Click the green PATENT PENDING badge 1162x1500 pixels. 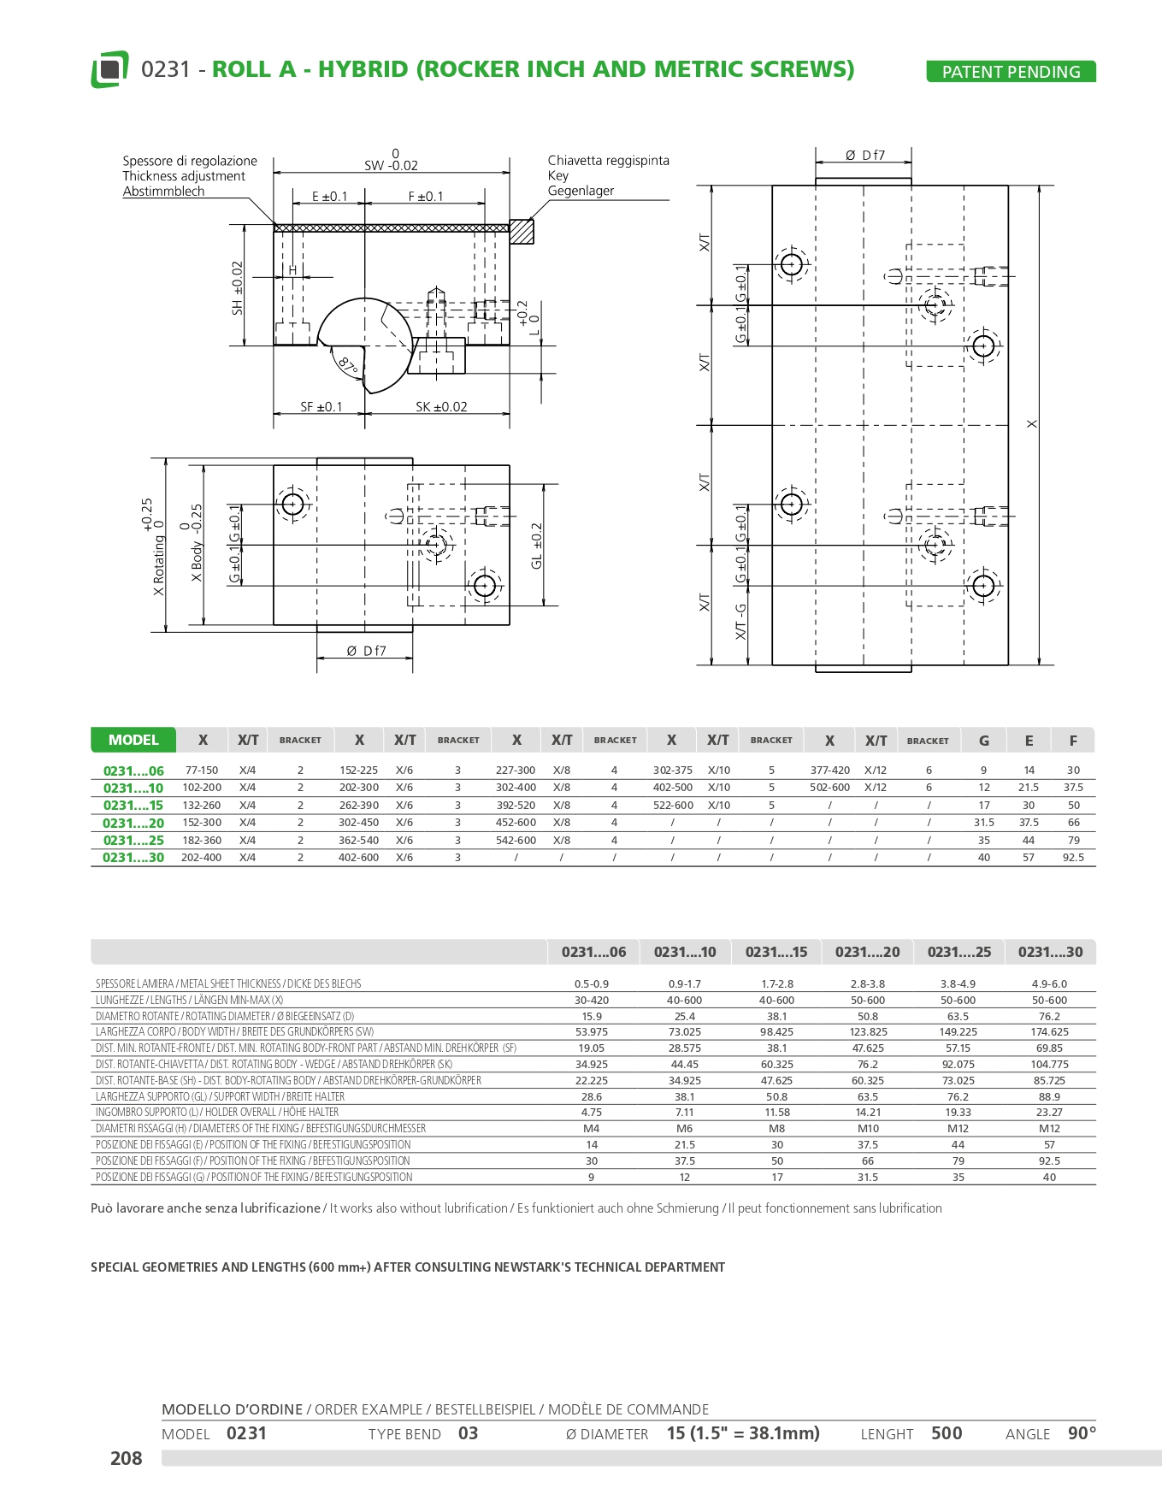point(1011,72)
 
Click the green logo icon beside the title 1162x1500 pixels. point(109,69)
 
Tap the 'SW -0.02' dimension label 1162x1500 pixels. point(391,165)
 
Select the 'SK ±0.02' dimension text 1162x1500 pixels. point(441,407)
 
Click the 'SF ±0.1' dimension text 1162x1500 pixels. point(321,407)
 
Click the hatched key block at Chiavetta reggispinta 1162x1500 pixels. point(522,231)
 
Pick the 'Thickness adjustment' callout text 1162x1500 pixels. point(183,176)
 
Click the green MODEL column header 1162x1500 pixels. point(133,740)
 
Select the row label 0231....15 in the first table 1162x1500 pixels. point(133,806)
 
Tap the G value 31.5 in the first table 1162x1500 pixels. point(983,823)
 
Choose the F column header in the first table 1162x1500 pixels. point(1073,741)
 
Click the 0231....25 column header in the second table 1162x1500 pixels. point(959,952)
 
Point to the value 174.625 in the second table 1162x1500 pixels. point(1049,1032)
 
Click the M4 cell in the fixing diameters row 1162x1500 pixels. point(591,1129)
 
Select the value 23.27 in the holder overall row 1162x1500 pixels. point(1049,1113)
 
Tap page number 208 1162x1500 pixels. point(126,1459)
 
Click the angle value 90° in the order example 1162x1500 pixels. point(1082,1433)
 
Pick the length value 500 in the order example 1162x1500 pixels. point(947,1433)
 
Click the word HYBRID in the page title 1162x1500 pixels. point(363,69)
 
